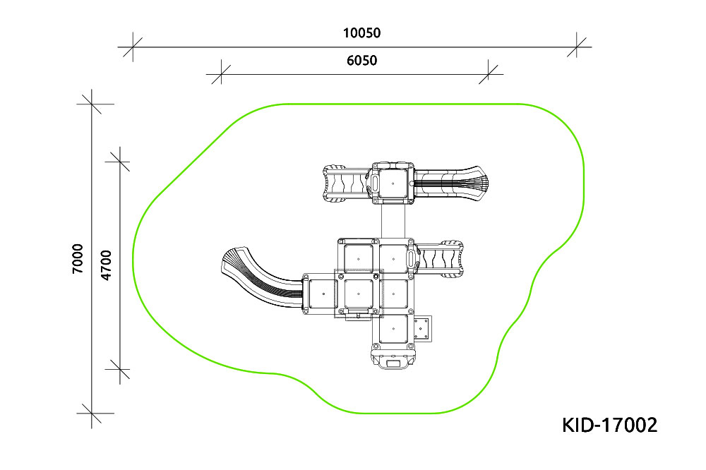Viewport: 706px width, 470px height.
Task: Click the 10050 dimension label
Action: (361, 33)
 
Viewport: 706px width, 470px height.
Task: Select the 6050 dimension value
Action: (361, 60)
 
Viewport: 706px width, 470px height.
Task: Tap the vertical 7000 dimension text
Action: (78, 258)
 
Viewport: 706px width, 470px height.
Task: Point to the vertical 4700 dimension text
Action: (106, 265)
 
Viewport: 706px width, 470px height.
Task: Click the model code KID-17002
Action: (610, 425)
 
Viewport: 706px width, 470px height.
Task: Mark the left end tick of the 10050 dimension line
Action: (133, 47)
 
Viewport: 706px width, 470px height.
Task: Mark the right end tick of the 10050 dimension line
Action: (577, 47)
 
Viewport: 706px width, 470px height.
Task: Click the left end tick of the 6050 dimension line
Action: (220, 74)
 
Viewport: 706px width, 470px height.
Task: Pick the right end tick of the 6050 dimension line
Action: (489, 74)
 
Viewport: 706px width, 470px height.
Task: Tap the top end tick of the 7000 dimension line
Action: (92, 104)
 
